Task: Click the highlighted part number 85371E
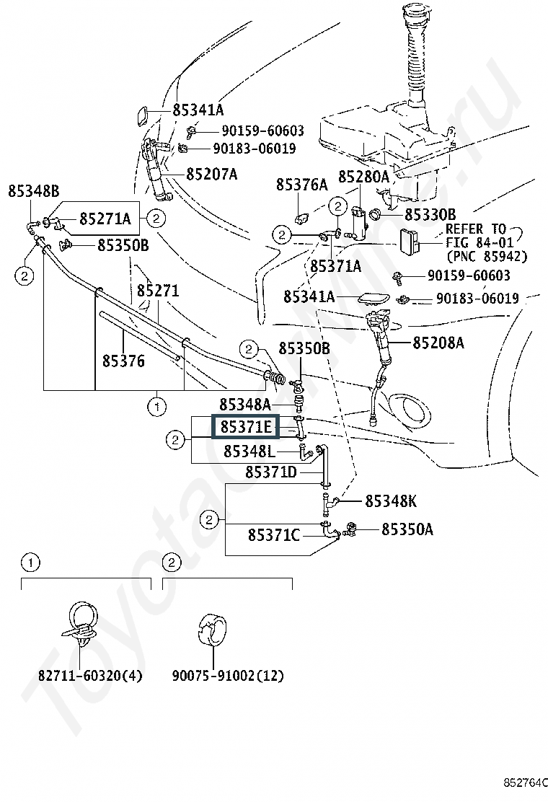tap(246, 428)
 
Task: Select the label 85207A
tap(211, 174)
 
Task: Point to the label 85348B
tap(33, 191)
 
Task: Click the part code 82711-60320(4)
tap(90, 676)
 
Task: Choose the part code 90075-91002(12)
tap(228, 676)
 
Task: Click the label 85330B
tap(430, 214)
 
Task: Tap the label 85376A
tap(301, 185)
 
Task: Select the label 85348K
tap(390, 501)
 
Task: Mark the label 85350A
tap(407, 530)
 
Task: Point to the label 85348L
tap(249, 451)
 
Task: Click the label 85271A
tap(105, 219)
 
